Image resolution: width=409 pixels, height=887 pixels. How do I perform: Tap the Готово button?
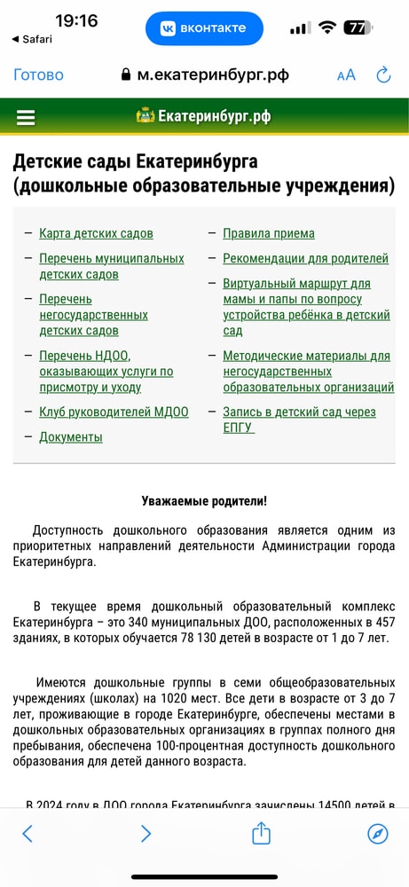pos(38,75)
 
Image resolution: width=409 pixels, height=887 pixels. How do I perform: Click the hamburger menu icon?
pos(26,117)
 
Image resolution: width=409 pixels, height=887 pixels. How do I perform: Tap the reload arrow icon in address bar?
pos(383,75)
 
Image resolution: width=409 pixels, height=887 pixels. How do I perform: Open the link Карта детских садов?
pos(96,233)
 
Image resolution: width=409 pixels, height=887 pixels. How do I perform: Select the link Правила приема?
pos(268,233)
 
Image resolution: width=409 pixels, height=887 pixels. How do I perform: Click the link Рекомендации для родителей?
pos(305,258)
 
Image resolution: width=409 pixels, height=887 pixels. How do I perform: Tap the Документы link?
pos(70,436)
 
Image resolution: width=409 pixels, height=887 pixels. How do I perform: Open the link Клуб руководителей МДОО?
pos(114,412)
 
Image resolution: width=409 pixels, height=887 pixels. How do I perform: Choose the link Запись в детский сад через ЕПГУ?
pos(298,420)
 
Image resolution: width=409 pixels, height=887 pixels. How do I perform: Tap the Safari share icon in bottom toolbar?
pos(260,833)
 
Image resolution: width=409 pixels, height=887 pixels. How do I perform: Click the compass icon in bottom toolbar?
pos(378,833)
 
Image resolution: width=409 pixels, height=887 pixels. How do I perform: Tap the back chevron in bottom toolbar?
pos(28,833)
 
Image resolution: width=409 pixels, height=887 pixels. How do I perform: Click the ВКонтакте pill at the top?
pos(204,28)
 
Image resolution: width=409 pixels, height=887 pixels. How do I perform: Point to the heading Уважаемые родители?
pos(204,501)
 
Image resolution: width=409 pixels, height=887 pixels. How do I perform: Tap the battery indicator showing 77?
pos(358,27)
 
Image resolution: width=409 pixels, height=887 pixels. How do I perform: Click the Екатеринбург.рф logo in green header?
pos(204,116)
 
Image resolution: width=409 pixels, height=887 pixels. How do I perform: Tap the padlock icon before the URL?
pos(126,75)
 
